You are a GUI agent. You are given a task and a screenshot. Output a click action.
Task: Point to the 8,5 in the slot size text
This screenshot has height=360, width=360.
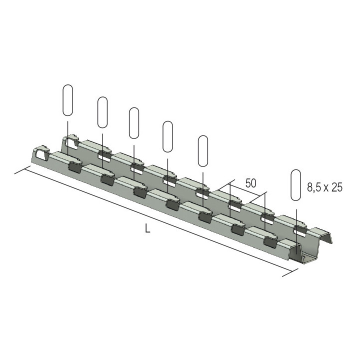click(x=314, y=188)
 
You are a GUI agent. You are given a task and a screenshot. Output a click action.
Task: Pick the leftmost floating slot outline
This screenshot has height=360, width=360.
click(x=67, y=100)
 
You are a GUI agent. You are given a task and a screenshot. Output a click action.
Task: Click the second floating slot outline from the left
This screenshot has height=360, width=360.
click(x=103, y=112)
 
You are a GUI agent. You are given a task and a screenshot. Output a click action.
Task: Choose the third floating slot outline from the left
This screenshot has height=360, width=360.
click(x=134, y=123)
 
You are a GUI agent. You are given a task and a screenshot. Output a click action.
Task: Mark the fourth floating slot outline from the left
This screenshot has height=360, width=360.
click(x=168, y=136)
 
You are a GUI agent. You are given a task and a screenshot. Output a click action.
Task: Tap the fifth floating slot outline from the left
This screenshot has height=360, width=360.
click(x=203, y=150)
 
